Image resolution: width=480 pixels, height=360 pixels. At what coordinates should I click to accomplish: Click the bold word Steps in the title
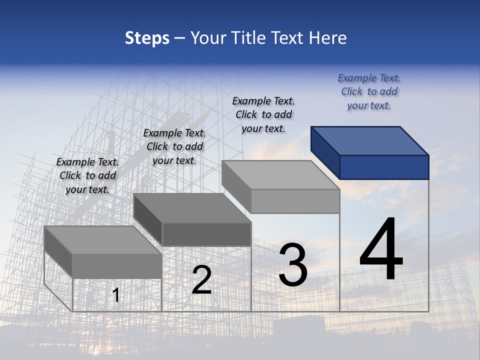pyautogui.click(x=147, y=38)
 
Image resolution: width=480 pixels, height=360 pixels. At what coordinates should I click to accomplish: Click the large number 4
pyautogui.click(x=381, y=250)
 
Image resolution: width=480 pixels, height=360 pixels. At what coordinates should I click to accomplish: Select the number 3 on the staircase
pyautogui.click(x=292, y=265)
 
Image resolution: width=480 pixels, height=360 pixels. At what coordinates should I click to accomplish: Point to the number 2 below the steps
pyautogui.click(x=201, y=280)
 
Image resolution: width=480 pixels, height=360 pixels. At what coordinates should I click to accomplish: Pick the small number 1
pyautogui.click(x=115, y=295)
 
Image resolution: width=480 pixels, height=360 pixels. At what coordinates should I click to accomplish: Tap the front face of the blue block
pyautogui.click(x=384, y=167)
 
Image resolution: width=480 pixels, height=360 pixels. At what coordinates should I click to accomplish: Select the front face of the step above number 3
pyautogui.click(x=295, y=201)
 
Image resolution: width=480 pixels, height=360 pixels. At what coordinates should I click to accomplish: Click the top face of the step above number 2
pyautogui.click(x=192, y=208)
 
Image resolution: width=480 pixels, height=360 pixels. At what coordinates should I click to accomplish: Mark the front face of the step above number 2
pyautogui.click(x=206, y=234)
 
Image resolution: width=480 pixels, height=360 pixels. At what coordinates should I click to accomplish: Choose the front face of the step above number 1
pyautogui.click(x=117, y=266)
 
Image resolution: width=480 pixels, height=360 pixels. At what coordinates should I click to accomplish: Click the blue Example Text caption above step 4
pyautogui.click(x=369, y=91)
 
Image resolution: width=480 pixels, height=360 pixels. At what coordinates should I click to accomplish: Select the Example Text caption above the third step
pyautogui.click(x=263, y=114)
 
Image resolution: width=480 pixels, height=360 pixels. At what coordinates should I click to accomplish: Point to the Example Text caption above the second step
pyautogui.click(x=174, y=146)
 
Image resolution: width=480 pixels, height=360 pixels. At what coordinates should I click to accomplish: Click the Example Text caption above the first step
pyautogui.click(x=87, y=175)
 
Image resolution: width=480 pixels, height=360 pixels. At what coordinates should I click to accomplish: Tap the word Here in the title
pyautogui.click(x=328, y=38)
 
